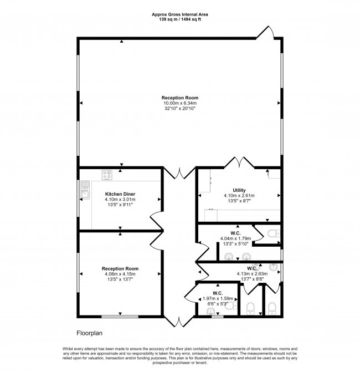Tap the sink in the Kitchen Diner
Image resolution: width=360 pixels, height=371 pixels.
point(85,191)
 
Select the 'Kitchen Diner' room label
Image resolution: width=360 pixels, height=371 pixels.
point(121,194)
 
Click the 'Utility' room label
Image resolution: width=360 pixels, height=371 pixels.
point(238,189)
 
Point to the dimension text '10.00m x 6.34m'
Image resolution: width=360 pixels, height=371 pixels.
point(180,103)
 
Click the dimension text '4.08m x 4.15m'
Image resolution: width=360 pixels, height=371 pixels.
point(120,274)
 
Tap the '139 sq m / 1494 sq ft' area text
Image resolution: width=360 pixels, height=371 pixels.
point(181,19)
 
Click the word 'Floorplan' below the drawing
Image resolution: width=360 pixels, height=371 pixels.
point(90,333)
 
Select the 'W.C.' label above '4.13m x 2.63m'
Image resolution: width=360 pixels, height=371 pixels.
point(252,268)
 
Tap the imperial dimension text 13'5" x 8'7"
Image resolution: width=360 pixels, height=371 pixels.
point(238,200)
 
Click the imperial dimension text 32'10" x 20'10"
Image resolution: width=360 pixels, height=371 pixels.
point(180,109)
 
